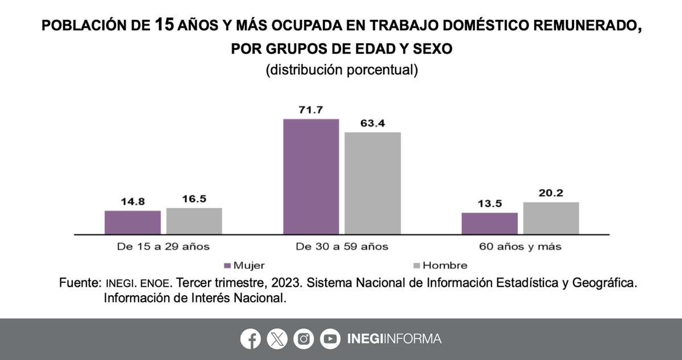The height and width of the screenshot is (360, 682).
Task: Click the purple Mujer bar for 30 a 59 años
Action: pyautogui.click(x=311, y=176)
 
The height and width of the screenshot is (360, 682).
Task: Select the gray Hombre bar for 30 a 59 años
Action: pyautogui.click(x=372, y=183)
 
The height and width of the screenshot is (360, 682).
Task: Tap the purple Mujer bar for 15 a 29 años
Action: pyautogui.click(x=132, y=222)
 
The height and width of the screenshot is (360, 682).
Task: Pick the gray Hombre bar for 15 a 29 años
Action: pyautogui.click(x=194, y=221)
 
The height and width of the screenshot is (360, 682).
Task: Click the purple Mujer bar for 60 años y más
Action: pyautogui.click(x=489, y=223)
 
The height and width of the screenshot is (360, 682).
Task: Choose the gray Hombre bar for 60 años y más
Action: pyautogui.click(x=551, y=218)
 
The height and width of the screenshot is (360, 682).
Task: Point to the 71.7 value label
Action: pyautogui.click(x=311, y=109)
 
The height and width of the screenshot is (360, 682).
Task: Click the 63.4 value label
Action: pyautogui.click(x=372, y=122)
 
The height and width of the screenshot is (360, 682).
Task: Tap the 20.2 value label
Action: pyautogui.click(x=551, y=192)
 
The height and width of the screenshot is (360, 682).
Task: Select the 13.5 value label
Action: pyautogui.click(x=489, y=204)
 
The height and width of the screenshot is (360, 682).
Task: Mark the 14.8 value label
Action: pyautogui.click(x=132, y=201)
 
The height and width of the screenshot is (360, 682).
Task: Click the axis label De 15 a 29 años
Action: pyautogui.click(x=163, y=247)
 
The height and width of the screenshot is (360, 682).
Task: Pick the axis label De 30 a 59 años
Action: pyautogui.click(x=342, y=247)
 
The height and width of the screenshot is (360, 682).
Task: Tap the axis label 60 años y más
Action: pyautogui.click(x=520, y=247)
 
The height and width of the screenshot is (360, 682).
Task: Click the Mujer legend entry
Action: pyautogui.click(x=245, y=266)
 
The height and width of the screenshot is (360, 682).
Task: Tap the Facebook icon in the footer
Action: pyautogui.click(x=250, y=339)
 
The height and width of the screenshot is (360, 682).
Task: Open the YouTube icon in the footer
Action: pyautogui.click(x=330, y=339)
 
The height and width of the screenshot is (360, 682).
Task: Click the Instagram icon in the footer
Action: pyautogui.click(x=303, y=339)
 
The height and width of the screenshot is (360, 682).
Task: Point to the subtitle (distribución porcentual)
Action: pyautogui.click(x=342, y=70)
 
